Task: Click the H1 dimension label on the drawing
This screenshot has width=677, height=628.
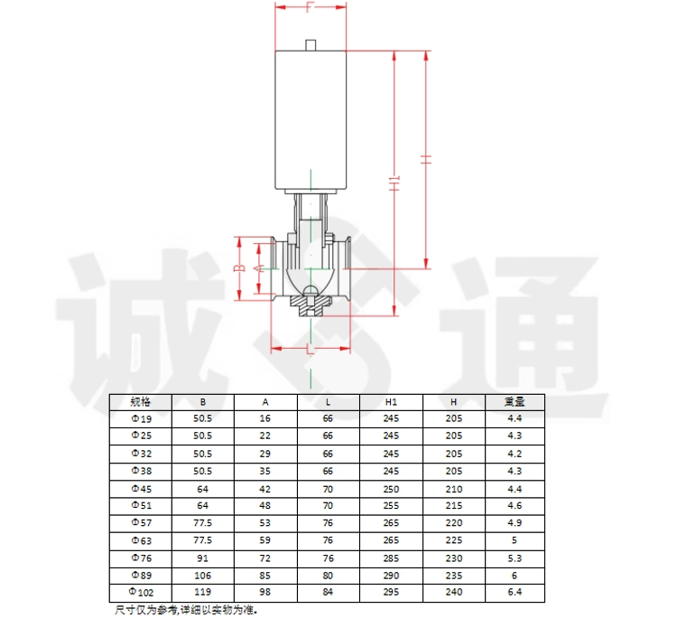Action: tap(394, 183)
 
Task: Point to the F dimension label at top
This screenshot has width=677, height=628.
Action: tap(310, 7)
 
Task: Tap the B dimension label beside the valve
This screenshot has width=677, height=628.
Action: tap(240, 268)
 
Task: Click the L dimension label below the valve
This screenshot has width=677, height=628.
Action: tap(310, 349)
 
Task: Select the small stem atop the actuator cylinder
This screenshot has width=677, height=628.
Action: tap(311, 45)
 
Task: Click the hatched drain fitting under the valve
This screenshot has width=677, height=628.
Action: tap(311, 305)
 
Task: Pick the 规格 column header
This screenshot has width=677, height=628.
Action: tap(140, 402)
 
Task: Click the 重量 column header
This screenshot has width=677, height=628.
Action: tap(515, 402)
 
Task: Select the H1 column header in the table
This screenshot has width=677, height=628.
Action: tap(391, 402)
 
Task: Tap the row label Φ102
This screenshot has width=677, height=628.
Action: tap(141, 592)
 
